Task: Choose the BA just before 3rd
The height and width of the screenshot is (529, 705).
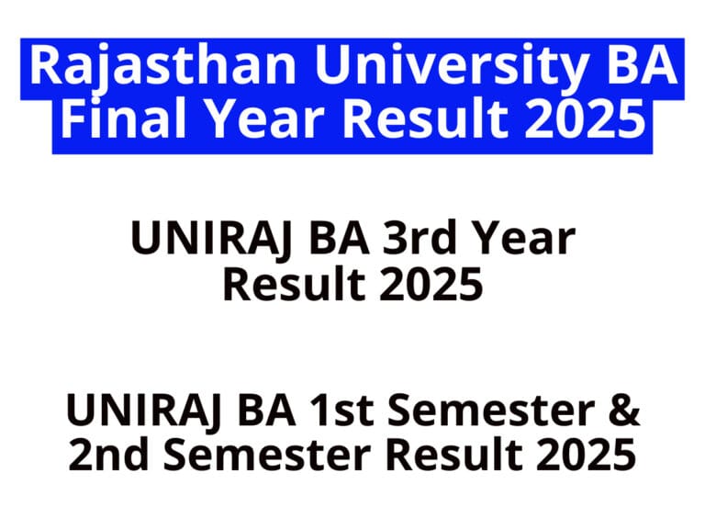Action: (328, 241)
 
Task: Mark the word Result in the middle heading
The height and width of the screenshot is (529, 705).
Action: (289, 286)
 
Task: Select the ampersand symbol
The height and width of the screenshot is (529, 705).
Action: (621, 411)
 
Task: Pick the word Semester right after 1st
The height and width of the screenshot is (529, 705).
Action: (491, 411)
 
